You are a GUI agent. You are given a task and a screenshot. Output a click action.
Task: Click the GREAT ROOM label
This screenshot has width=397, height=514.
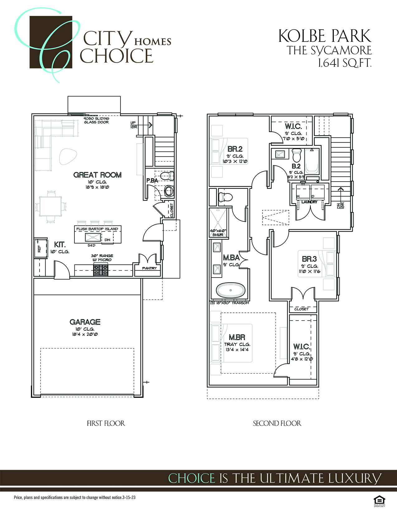tap(97, 175)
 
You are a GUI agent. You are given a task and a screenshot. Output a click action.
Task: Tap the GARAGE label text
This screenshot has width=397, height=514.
tap(85, 322)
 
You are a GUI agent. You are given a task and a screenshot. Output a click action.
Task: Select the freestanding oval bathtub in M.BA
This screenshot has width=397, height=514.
tap(230, 290)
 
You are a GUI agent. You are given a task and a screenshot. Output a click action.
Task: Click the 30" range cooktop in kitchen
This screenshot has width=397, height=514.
tap(101, 270)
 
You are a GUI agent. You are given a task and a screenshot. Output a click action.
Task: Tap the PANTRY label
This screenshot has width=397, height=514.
tap(149, 268)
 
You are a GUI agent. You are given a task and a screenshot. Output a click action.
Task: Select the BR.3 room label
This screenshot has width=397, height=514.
tap(309, 259)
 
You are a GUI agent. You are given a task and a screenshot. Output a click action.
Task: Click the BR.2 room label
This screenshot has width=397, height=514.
tap(235, 149)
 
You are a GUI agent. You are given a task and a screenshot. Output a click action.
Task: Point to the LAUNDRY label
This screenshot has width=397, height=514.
tap(309, 202)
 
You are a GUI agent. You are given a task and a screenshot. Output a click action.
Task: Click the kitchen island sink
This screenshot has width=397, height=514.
tap(93, 238)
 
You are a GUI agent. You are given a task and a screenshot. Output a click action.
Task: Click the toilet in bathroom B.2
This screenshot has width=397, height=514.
tap(297, 155)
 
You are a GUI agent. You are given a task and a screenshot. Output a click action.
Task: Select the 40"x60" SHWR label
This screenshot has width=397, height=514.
tap(218, 233)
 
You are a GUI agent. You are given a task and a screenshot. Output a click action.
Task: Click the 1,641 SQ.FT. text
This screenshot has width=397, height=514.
tap(345, 63)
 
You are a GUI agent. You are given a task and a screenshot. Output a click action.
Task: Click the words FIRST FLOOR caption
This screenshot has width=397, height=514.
tap(106, 423)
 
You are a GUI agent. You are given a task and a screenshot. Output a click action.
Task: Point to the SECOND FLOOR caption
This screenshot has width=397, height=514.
tap(277, 423)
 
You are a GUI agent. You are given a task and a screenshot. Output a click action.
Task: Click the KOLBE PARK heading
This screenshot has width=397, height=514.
tap(325, 36)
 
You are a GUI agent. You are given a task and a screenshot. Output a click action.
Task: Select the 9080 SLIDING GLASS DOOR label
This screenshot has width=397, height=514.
tap(96, 120)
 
